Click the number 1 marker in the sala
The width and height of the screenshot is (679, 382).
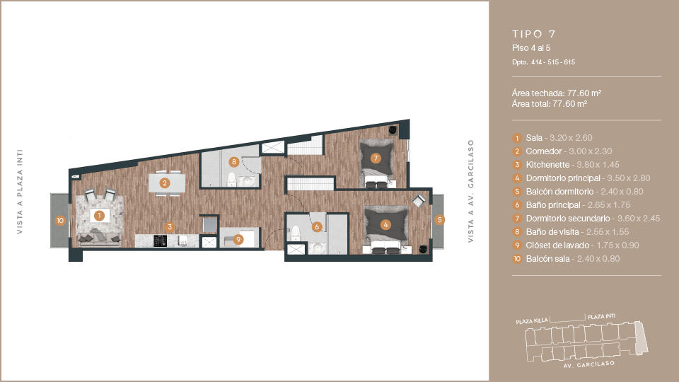click(99, 215)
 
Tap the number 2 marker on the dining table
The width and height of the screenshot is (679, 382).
click(165, 183)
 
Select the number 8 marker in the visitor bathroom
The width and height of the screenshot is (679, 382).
click(234, 162)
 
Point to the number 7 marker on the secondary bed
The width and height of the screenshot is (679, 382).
click(376, 158)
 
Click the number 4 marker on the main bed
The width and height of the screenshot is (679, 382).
click(385, 224)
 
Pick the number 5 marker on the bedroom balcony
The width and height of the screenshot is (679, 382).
click(439, 219)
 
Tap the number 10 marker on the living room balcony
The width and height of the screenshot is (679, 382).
click(60, 221)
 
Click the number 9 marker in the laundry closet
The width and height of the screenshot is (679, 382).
click(238, 239)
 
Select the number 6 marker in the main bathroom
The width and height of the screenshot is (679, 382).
click(317, 227)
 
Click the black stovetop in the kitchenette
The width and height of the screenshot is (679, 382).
click(161, 241)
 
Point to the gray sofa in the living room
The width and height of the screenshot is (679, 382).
click(99, 238)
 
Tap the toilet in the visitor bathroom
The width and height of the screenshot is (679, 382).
click(232, 179)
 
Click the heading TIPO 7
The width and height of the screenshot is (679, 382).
click(534, 34)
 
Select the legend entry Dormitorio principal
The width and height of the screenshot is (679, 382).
click(563, 178)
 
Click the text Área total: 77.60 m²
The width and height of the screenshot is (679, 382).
click(550, 104)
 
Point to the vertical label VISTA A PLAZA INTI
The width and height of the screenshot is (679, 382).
click(20, 192)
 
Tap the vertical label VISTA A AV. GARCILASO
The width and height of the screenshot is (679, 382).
click(471, 191)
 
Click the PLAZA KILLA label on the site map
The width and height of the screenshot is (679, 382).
click(532, 321)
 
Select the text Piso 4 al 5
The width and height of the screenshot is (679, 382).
click(531, 48)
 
